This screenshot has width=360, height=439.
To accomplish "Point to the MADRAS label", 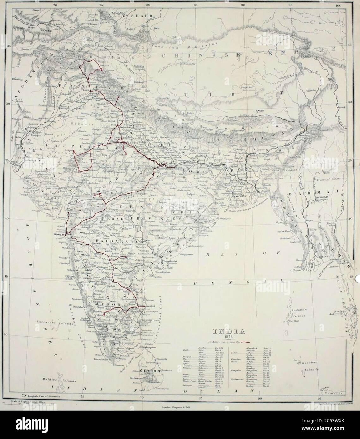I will tap(149, 306).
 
